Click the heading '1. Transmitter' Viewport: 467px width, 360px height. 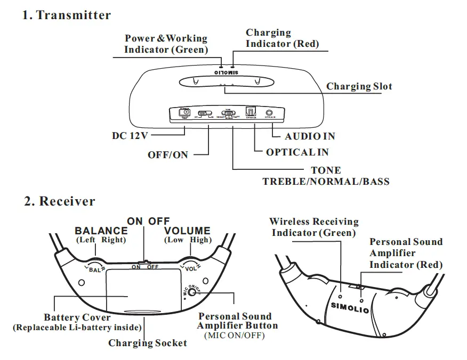click(67, 15)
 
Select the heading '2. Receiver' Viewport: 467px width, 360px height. click(60, 201)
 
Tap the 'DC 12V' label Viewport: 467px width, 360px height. click(129, 136)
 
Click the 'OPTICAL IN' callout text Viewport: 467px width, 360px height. click(297, 152)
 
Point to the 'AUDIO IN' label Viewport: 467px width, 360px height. click(310, 136)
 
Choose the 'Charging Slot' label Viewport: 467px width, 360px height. click(359, 86)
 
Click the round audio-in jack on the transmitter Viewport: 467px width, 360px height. click(270, 113)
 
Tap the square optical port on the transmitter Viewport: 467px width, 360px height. click(250, 113)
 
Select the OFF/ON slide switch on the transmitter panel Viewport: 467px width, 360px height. click(204, 113)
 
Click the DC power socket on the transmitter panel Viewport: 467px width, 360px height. click(184, 112)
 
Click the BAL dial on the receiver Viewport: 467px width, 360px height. click(95, 267)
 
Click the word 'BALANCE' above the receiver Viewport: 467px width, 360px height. click(101, 231)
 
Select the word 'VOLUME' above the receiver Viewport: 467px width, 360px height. click(187, 231)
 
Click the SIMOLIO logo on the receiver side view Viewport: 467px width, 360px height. click(349, 307)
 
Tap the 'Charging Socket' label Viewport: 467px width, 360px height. click(148, 343)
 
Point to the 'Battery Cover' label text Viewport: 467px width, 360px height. click(77, 317)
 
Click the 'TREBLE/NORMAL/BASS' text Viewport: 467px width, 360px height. click(326, 182)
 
